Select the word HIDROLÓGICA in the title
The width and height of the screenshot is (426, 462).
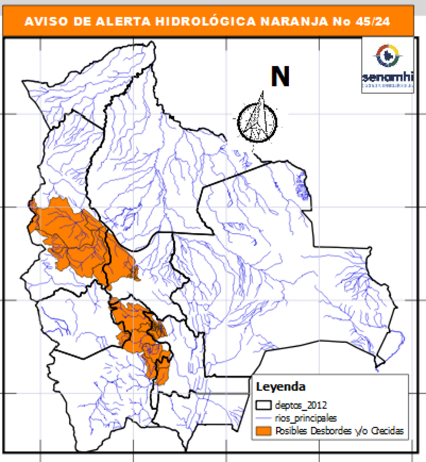tap(198, 23)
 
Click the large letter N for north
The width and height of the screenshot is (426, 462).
tap(280, 77)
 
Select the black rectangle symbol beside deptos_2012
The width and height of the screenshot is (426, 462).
tap(264, 404)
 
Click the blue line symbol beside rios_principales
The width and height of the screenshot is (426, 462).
tap(264, 418)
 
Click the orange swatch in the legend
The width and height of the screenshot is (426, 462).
tap(264, 431)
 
